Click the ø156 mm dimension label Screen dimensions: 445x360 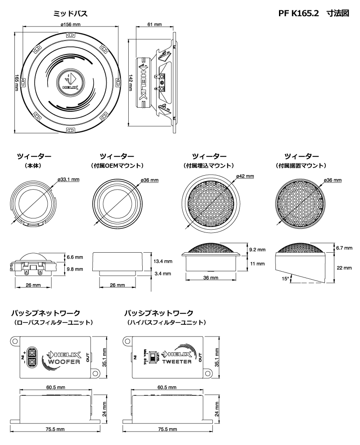(70, 24)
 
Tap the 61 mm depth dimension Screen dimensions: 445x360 (154, 24)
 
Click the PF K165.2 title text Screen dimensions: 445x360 (299, 14)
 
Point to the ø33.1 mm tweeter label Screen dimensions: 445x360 (68, 180)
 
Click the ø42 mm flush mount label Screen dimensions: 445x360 (244, 176)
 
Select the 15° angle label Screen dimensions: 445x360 (283, 278)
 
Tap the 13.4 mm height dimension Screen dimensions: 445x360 (162, 261)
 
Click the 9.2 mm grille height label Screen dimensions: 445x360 (257, 249)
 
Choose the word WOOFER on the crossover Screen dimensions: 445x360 (64, 362)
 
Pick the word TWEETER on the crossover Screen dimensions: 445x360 (177, 362)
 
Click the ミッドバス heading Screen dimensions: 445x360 (71, 14)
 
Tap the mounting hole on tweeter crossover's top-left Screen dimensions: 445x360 (128, 340)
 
